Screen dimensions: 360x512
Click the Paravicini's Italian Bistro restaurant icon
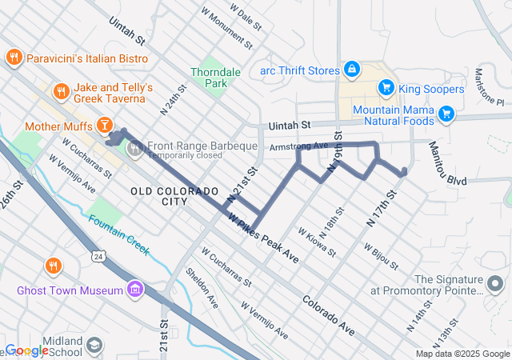click(14, 58)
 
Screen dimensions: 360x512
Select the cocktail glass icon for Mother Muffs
click(103, 125)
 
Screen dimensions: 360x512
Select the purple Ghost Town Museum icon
click(135, 289)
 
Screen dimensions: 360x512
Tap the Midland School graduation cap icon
click(94, 345)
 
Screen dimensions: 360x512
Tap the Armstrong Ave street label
click(299, 146)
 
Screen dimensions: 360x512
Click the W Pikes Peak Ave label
click(262, 238)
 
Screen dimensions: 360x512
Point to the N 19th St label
click(338, 152)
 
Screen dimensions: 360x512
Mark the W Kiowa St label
click(317, 241)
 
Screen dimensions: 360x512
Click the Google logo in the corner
click(27, 350)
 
